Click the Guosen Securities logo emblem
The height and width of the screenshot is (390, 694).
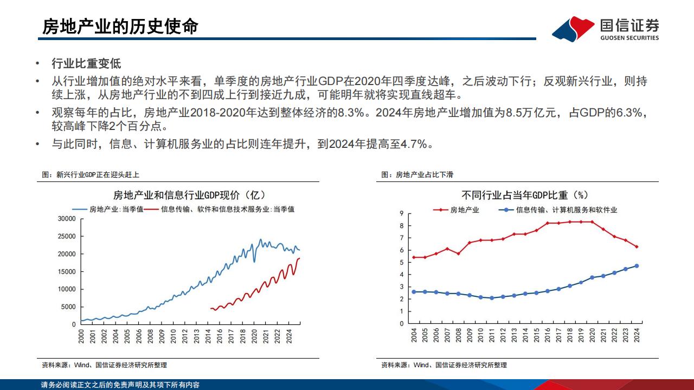click(x=573, y=28)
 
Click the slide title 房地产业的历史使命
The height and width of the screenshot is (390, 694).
click(x=120, y=26)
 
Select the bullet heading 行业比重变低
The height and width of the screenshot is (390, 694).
click(x=86, y=64)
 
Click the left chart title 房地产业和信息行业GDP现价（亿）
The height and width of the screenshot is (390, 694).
click(x=189, y=195)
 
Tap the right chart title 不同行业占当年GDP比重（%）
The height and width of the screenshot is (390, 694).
click(x=525, y=195)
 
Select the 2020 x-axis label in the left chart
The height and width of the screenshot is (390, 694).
click(x=255, y=337)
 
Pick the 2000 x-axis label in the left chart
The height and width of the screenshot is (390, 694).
click(x=81, y=337)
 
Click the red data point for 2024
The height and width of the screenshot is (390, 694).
click(x=637, y=246)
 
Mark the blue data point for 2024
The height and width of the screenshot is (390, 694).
click(x=637, y=266)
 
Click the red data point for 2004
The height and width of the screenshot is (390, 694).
click(x=414, y=257)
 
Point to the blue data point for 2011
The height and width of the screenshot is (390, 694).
click(x=492, y=298)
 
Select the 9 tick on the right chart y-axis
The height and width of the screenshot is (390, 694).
click(x=401, y=213)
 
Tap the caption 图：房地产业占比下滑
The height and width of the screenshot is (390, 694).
click(x=417, y=174)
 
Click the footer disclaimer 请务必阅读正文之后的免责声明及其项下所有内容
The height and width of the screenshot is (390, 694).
click(x=120, y=385)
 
